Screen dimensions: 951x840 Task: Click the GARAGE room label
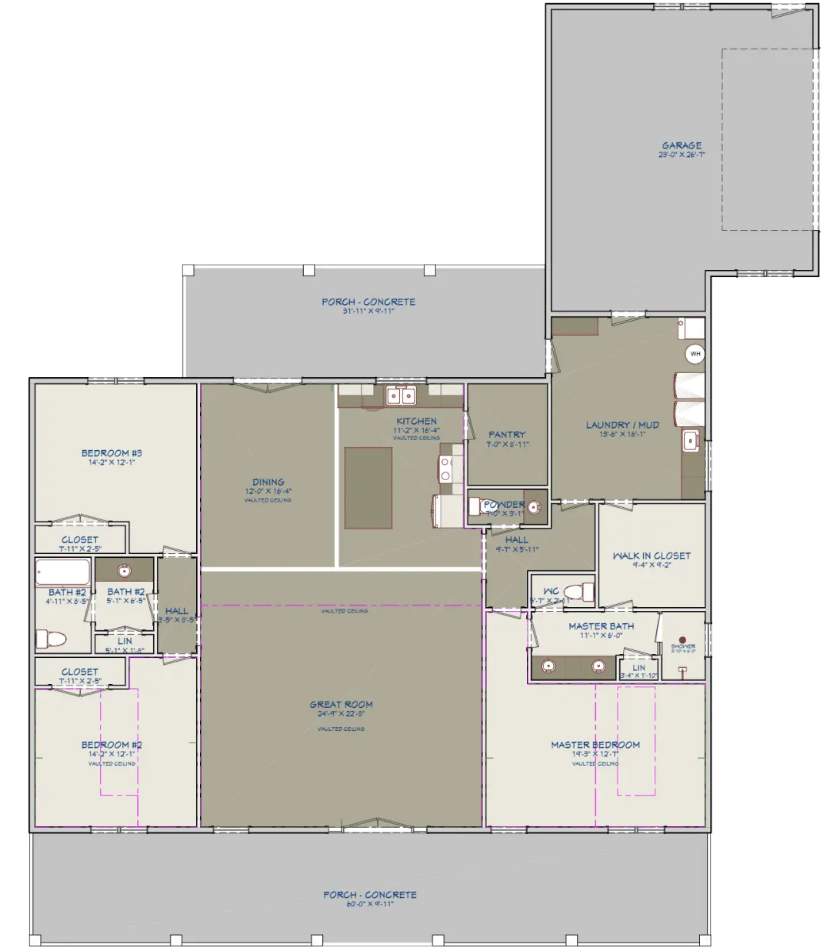(682, 145)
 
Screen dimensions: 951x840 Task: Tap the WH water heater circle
(695, 354)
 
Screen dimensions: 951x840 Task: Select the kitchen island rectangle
(368, 488)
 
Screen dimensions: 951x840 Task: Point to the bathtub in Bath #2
(63, 573)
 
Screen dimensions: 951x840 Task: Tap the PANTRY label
(507, 435)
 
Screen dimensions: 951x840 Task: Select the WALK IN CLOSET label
(652, 556)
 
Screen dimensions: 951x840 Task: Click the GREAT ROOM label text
(341, 704)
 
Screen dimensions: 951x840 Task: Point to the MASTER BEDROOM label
(595, 745)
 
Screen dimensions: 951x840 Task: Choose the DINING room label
(268, 482)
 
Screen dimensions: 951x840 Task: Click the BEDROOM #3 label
(112, 453)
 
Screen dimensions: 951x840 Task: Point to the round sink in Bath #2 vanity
(123, 571)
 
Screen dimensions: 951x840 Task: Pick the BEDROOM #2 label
(112, 745)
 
